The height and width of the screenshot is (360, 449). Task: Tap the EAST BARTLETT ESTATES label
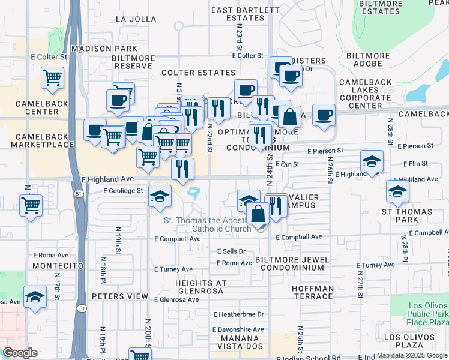click(237, 14)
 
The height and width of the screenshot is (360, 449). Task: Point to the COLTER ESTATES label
click(198, 73)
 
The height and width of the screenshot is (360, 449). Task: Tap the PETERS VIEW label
click(120, 296)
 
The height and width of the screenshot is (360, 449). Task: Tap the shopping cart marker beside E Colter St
click(53, 77)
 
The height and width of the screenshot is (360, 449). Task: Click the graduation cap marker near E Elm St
click(372, 161)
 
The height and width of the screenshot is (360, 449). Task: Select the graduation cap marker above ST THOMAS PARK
click(397, 191)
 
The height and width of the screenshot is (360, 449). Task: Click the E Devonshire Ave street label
click(238, 329)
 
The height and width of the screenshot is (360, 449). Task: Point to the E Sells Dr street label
click(231, 251)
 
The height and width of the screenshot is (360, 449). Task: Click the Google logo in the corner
click(20, 353)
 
